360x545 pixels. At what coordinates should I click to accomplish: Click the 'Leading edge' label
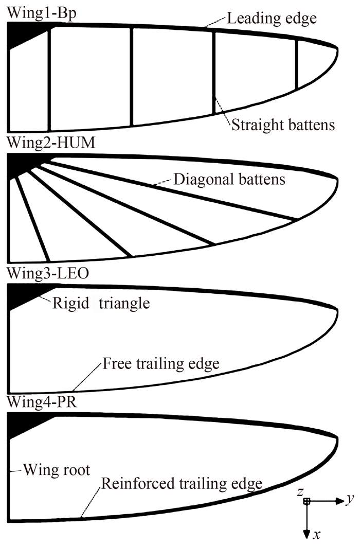(271, 19)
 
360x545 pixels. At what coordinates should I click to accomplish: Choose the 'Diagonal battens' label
(230, 180)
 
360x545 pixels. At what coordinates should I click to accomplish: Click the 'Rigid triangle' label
(101, 303)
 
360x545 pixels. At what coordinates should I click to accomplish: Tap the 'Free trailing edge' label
(161, 364)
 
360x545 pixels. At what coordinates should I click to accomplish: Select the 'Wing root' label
(56, 470)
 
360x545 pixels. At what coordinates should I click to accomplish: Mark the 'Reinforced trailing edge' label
(182, 484)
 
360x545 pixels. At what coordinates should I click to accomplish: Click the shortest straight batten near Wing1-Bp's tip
(297, 64)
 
